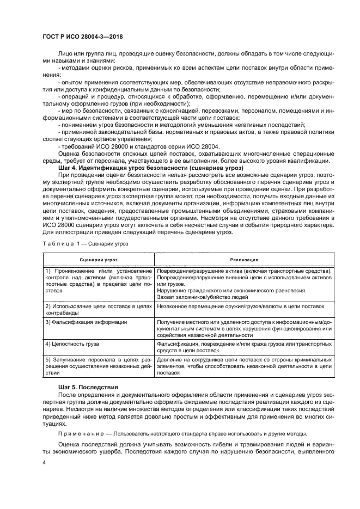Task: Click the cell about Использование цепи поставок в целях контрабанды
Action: click(x=98, y=309)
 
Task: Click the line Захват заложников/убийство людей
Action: click(x=202, y=297)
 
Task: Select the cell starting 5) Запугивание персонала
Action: click(x=98, y=367)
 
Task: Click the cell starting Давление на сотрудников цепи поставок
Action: click(x=243, y=367)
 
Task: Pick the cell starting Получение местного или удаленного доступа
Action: click(x=243, y=329)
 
